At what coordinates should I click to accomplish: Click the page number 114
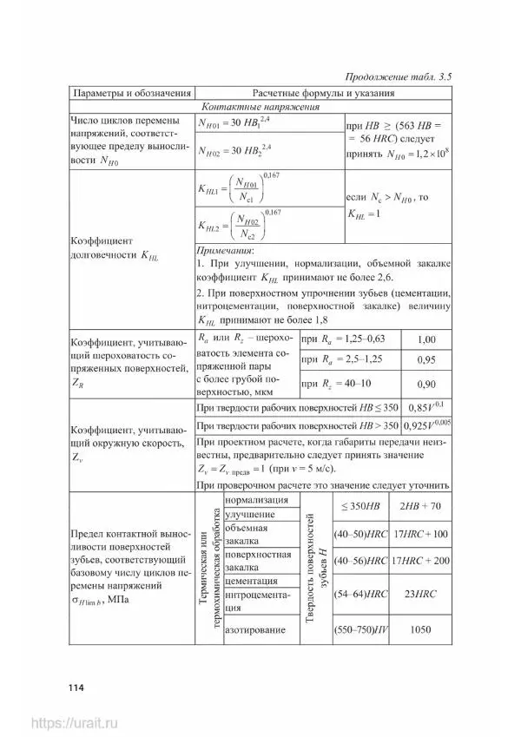(73, 688)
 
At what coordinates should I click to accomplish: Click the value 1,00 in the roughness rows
(426, 339)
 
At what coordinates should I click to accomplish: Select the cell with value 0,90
(426, 384)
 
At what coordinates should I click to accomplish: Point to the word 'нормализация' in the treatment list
(256, 500)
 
